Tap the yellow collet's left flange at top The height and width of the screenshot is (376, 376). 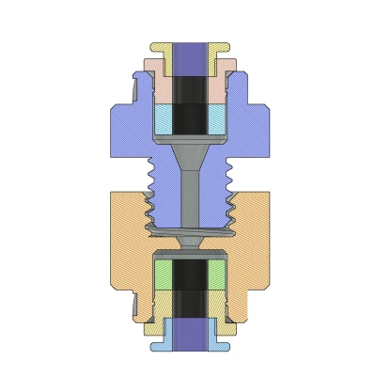tap(158, 47)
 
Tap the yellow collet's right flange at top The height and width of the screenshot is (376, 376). tap(224, 47)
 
